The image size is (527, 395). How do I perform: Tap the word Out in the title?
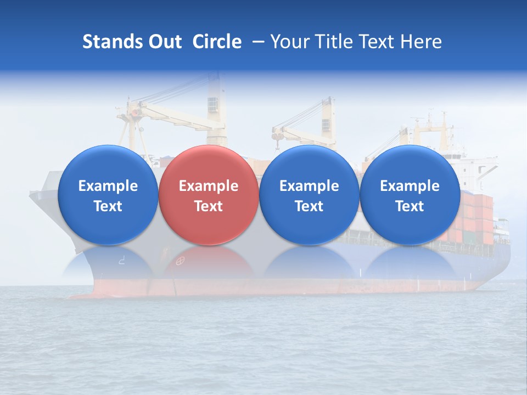point(163,42)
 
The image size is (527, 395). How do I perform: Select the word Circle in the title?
point(217,42)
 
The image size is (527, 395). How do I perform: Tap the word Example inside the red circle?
point(208,186)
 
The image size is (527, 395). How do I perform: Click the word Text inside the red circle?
point(208,206)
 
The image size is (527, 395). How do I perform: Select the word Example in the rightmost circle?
point(410,186)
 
